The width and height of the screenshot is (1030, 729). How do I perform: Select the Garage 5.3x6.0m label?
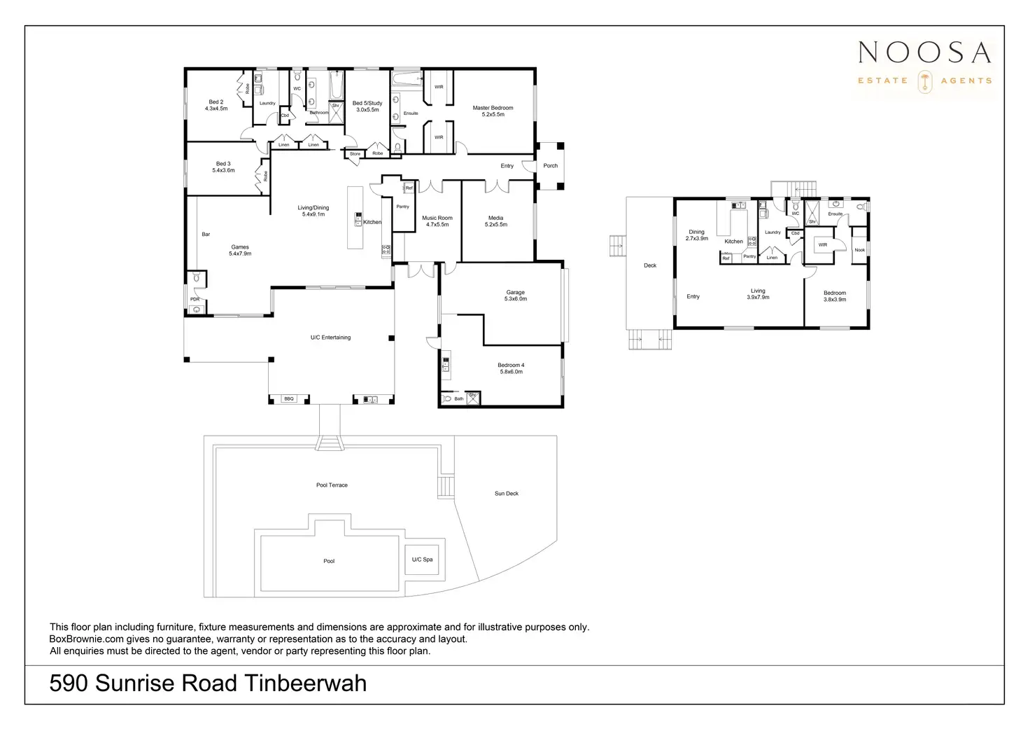pos(516,296)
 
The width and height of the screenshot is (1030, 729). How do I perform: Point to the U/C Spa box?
pos(423,560)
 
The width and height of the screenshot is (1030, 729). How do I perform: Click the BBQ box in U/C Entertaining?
pos(289,398)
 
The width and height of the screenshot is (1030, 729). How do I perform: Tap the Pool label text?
pos(329,561)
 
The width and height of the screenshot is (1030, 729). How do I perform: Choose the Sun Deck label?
pos(507,494)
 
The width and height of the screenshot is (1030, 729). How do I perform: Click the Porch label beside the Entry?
pos(551,166)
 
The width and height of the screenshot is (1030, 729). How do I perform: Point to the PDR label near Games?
pos(195,299)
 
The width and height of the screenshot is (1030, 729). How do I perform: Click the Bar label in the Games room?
pos(206,234)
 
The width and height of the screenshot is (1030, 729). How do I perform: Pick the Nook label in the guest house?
pos(860,250)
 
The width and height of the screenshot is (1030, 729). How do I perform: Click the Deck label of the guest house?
pos(650,265)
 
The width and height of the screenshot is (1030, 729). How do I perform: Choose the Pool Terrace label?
pos(332,485)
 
